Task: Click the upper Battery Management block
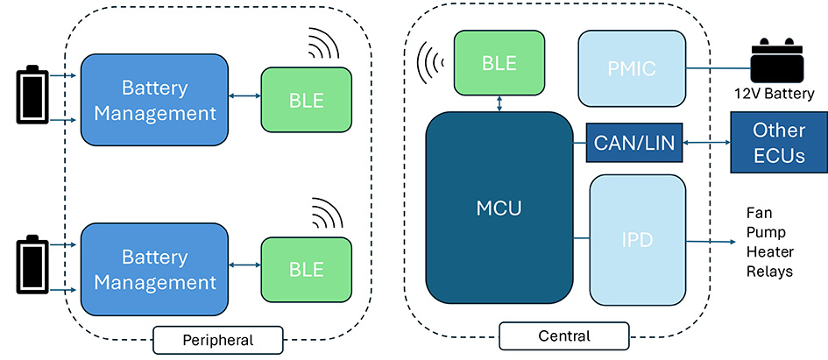pos(155,100)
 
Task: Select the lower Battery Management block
pos(155,269)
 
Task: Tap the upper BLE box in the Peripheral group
pos(306,100)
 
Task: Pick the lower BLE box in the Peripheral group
pos(306,269)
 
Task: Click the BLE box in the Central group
pos(497,63)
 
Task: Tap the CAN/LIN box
pos(634,142)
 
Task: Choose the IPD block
pos(637,239)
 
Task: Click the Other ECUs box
pos(778,143)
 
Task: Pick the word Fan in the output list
pos(759,212)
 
